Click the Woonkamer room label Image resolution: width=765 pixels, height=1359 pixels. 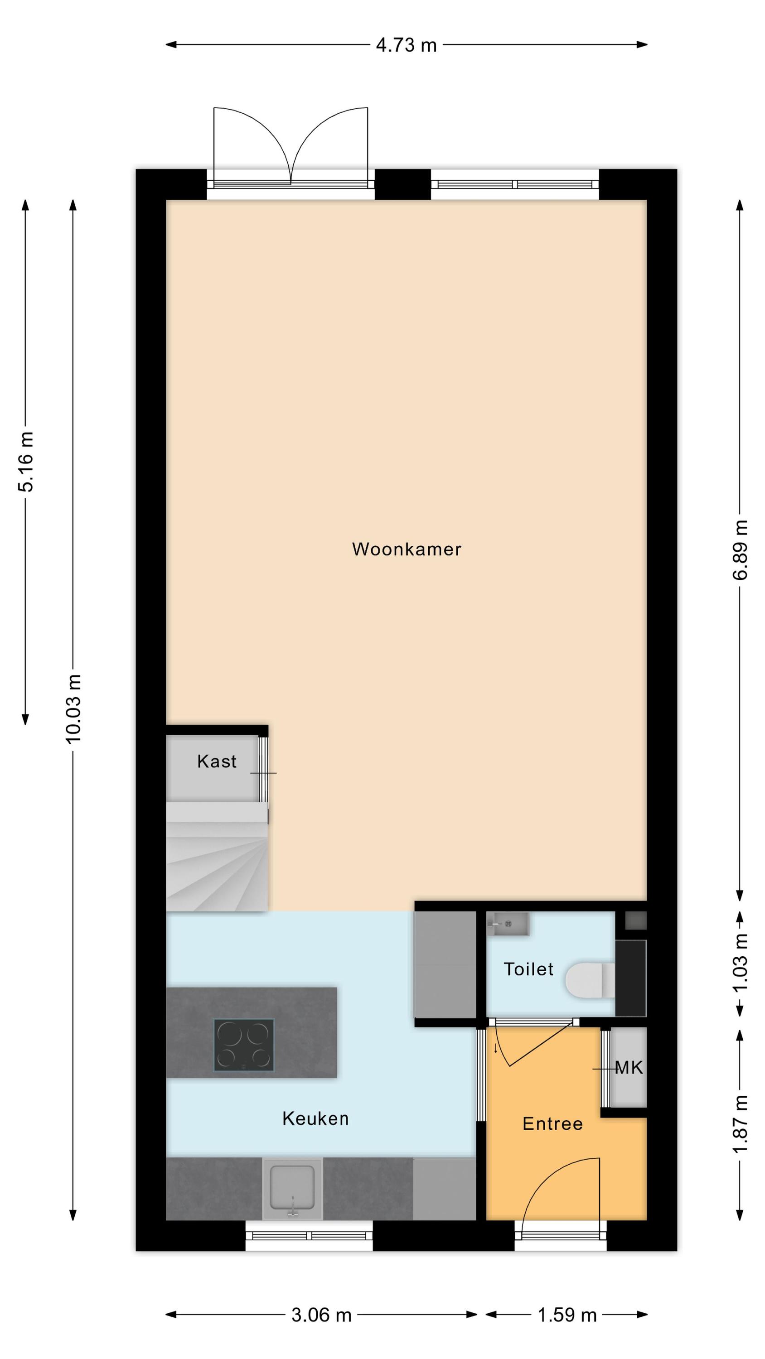[407, 549]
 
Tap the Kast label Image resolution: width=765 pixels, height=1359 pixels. [217, 761]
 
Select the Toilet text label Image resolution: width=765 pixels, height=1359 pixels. [528, 969]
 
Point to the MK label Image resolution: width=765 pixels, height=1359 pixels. [629, 1068]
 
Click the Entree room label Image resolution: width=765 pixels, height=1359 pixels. [553, 1124]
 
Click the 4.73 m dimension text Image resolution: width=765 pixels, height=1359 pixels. [407, 45]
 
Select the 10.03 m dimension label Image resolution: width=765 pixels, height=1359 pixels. [73, 709]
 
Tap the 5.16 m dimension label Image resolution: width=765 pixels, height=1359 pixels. [25, 462]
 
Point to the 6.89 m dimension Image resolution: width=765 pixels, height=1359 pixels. [740, 550]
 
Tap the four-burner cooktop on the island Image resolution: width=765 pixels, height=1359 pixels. [244, 1045]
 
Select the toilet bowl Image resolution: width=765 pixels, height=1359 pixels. [590, 981]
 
